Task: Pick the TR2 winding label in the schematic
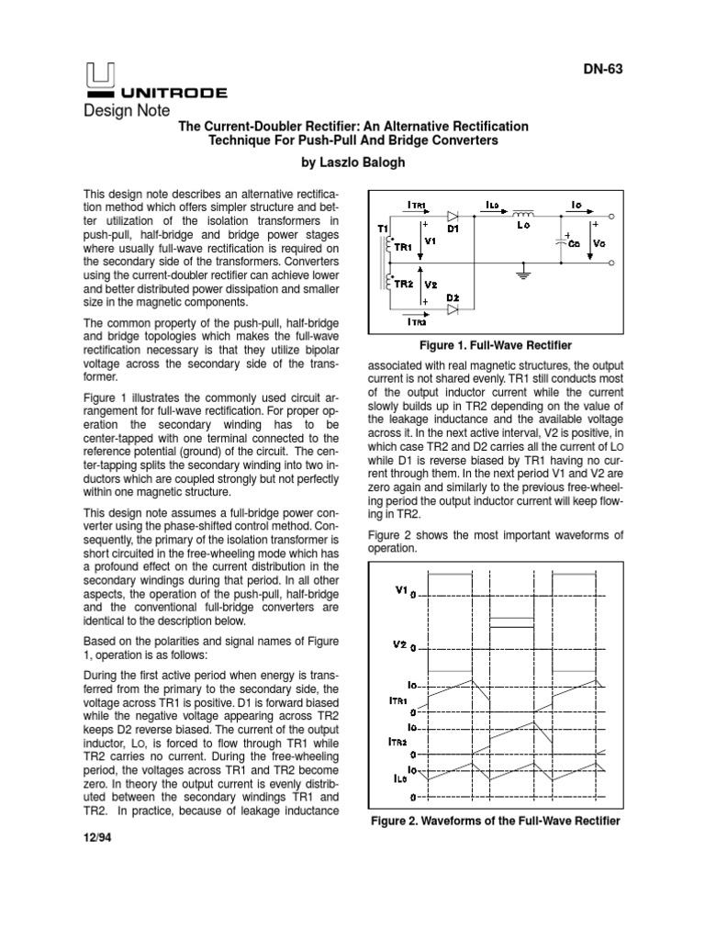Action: pyautogui.click(x=403, y=283)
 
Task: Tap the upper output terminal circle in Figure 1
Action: pyautogui.click(x=611, y=218)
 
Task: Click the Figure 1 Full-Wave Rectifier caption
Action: pyautogui.click(x=495, y=345)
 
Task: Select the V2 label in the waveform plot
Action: pyautogui.click(x=400, y=643)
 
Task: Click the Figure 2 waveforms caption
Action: pyautogui.click(x=495, y=820)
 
